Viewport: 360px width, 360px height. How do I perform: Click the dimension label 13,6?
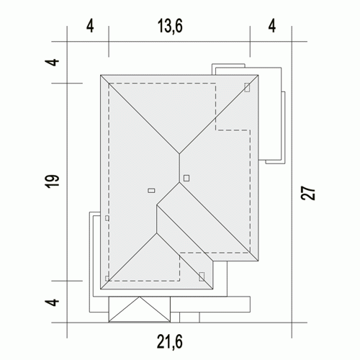point(170,26)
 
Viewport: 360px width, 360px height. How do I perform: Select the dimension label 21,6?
point(170,341)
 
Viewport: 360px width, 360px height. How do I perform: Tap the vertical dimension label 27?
point(308,193)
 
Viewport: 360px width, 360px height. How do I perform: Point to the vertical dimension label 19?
point(52,181)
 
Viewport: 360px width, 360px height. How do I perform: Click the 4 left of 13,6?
point(90,26)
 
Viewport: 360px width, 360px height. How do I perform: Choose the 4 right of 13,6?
point(272,26)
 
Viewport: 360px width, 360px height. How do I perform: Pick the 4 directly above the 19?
point(52,62)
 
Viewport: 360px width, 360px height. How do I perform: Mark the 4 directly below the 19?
point(52,302)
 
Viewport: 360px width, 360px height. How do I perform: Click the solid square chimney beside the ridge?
point(186,178)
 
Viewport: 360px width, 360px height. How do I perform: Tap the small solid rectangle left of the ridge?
point(151,191)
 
